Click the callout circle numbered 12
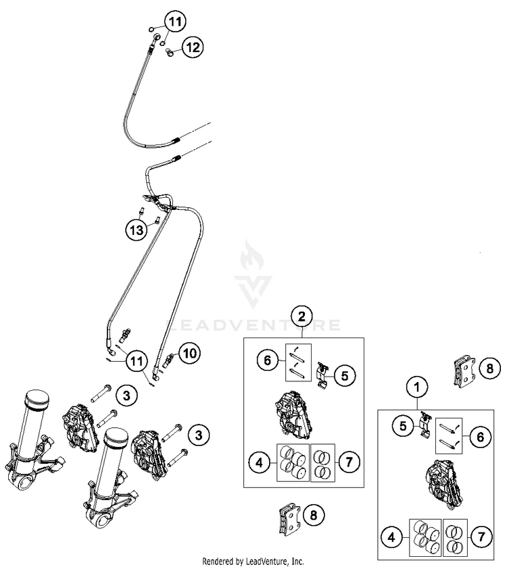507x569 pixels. pos(193,47)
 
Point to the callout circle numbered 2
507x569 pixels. pos(302,316)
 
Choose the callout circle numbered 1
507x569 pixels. pos(418,387)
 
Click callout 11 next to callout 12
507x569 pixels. pos(174,23)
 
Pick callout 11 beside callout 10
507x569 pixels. pos(139,360)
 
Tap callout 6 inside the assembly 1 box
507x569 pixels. pos(480,437)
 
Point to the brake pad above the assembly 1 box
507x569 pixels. pos(464,371)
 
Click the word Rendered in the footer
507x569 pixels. pos(221,562)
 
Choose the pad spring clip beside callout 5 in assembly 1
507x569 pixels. pos(426,425)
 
